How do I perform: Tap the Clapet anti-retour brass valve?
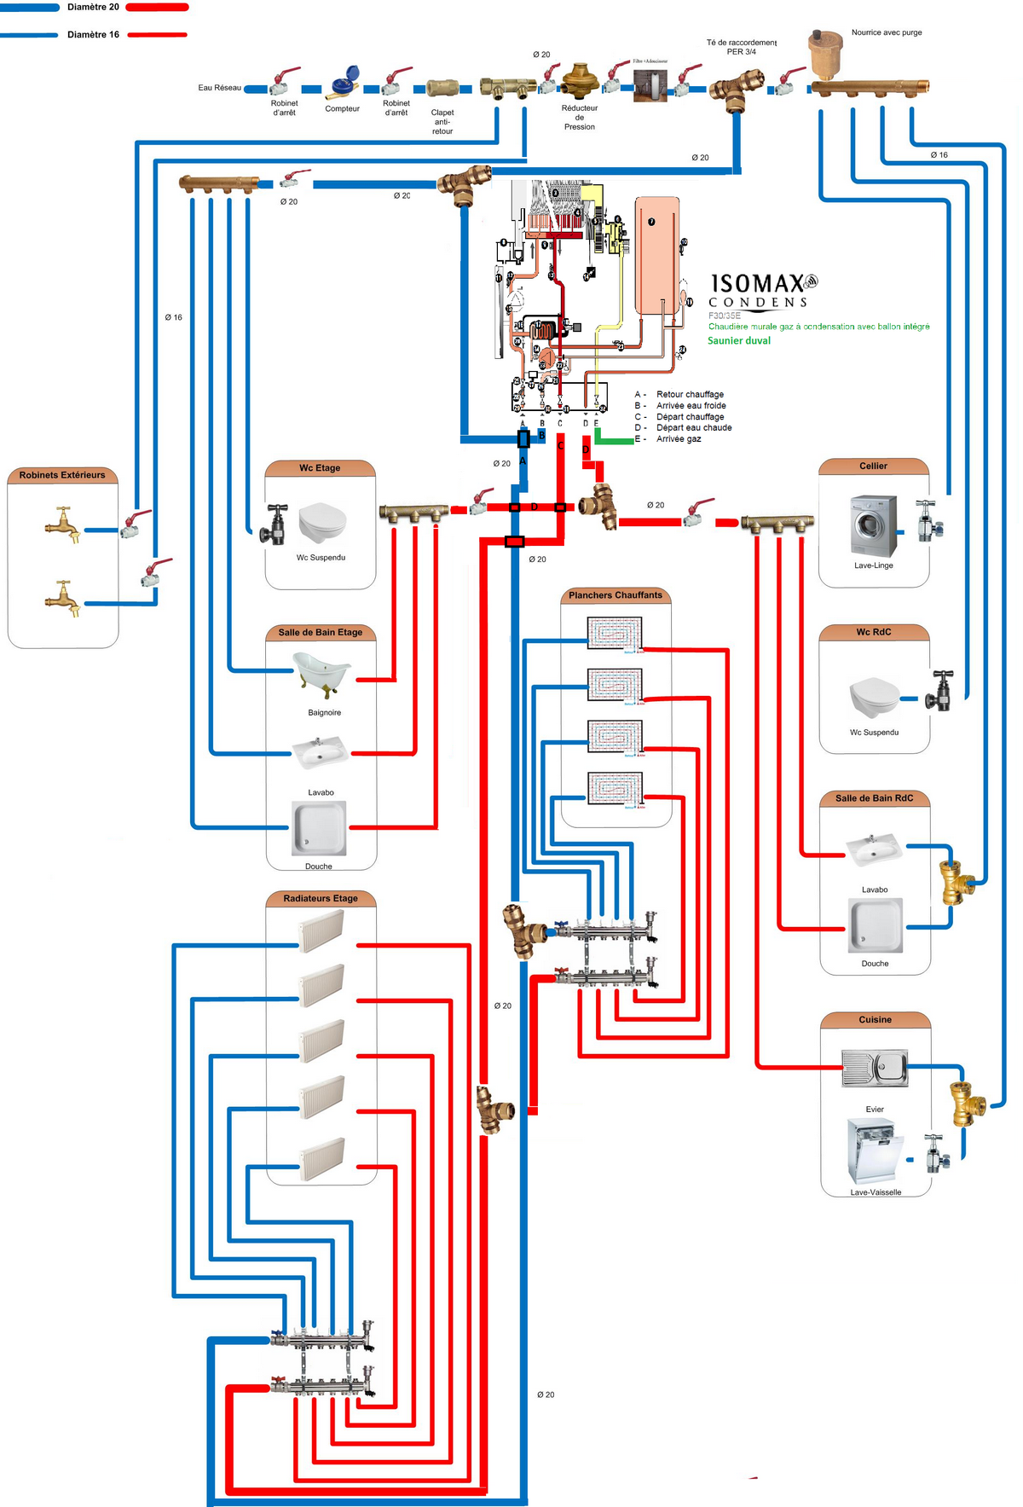[x=443, y=88]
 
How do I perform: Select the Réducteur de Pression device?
[x=580, y=81]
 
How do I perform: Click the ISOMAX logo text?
[x=759, y=283]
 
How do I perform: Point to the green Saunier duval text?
[x=739, y=340]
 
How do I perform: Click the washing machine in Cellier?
[x=874, y=525]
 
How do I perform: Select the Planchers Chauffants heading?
[x=616, y=595]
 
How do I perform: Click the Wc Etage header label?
[x=320, y=467]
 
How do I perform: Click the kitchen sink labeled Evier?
[x=875, y=1068]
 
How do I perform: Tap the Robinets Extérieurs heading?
[x=62, y=475]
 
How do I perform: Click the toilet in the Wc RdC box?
[x=875, y=697]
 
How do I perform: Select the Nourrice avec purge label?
[x=887, y=32]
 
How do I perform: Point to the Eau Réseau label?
[x=220, y=88]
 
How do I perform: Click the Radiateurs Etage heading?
[x=321, y=898]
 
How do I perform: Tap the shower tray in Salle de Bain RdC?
[x=875, y=925]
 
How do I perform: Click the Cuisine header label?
[x=875, y=1019]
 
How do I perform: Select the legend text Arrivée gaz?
[x=679, y=439]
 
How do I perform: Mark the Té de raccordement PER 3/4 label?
[x=741, y=47]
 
